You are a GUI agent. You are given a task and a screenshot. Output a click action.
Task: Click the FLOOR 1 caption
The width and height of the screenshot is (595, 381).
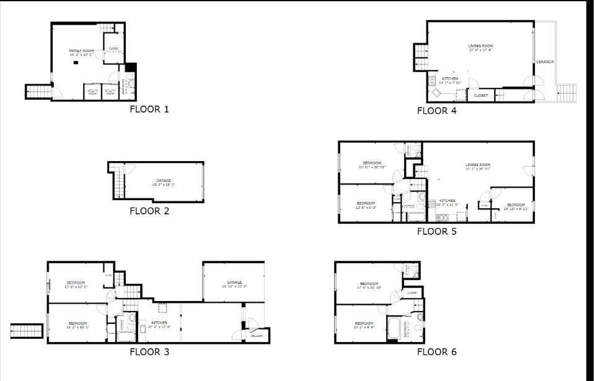pyautogui.click(x=149, y=110)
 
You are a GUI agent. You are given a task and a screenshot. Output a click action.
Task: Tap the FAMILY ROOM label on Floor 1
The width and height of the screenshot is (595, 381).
pyautogui.click(x=81, y=50)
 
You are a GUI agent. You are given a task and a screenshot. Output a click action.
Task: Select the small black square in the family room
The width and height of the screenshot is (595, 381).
pyautogui.click(x=76, y=63)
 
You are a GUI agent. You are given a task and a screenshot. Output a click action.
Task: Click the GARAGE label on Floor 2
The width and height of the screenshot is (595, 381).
pyautogui.click(x=164, y=180)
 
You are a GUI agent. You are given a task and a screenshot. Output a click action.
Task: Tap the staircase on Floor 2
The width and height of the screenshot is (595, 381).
pyautogui.click(x=118, y=185)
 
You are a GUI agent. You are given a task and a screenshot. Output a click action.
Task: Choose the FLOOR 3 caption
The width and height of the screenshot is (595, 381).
pyautogui.click(x=149, y=352)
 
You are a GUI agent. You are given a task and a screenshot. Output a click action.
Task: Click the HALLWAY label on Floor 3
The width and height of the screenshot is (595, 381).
pyautogui.click(x=257, y=336)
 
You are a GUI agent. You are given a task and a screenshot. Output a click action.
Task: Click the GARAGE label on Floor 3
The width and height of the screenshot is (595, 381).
pyautogui.click(x=234, y=282)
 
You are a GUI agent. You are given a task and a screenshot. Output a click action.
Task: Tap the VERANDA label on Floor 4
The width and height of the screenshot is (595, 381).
pyautogui.click(x=545, y=62)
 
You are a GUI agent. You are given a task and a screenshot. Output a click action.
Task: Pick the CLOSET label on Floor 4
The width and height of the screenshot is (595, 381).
pyautogui.click(x=481, y=95)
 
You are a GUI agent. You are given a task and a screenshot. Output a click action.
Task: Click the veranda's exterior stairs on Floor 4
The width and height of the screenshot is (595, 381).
pyautogui.click(x=566, y=94)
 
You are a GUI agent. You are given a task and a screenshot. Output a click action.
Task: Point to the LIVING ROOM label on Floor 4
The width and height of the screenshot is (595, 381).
pyautogui.click(x=480, y=46)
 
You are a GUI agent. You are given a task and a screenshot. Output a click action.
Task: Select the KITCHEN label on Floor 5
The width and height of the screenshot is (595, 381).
pyautogui.click(x=447, y=201)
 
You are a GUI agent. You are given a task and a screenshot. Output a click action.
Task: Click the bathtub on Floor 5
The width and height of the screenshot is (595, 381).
pyautogui.click(x=414, y=217)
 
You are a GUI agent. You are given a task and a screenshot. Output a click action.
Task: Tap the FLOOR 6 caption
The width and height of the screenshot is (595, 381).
pyautogui.click(x=436, y=352)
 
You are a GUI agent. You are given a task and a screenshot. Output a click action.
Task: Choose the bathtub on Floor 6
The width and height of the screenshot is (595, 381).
pyautogui.click(x=394, y=328)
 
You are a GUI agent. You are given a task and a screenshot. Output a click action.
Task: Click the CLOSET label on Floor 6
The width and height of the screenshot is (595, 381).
pyautogui.click(x=412, y=293)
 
